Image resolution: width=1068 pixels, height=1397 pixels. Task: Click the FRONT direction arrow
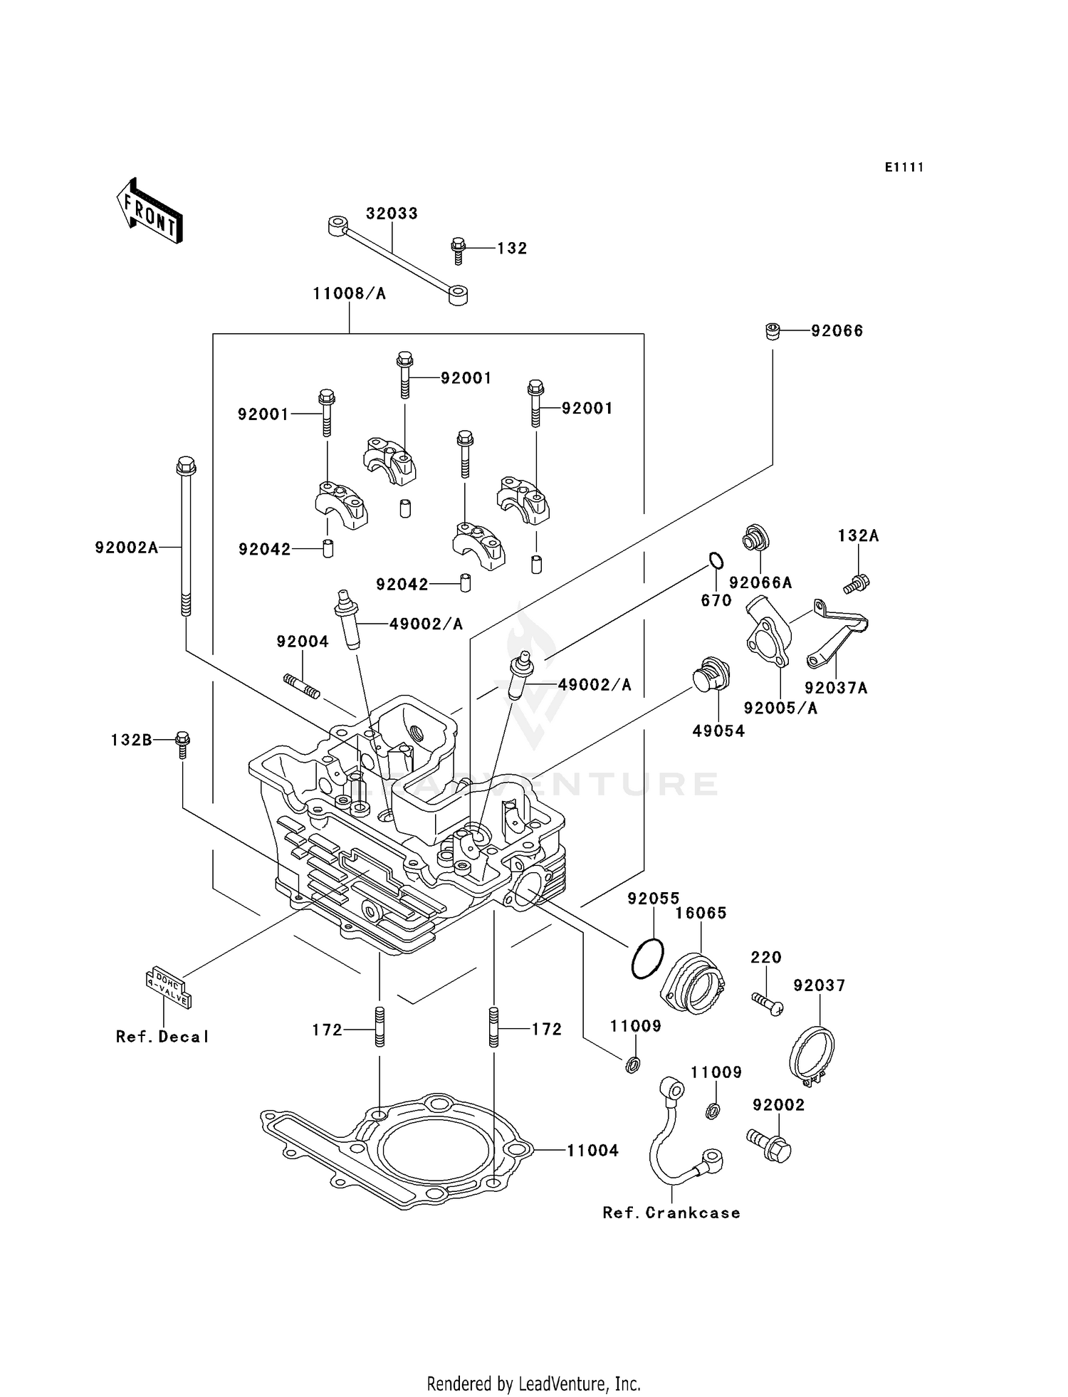pos(150,212)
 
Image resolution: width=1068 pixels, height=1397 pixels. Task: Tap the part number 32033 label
pos(392,214)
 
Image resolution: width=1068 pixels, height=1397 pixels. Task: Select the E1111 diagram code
pos(904,167)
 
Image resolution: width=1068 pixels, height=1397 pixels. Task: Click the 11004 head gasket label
pos(592,1151)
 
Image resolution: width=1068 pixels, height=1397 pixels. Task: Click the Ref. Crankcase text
pos(671,1213)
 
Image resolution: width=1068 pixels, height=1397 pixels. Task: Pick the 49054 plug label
pos(718,731)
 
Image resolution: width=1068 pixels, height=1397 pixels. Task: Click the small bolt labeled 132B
pos(182,744)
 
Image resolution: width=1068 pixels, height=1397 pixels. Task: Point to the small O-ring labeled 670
pos(716,560)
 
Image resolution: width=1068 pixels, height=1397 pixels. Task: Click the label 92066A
pos(760,583)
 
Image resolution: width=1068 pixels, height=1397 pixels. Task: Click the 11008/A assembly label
pos(349,293)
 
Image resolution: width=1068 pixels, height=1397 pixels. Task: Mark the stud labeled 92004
pos(302,686)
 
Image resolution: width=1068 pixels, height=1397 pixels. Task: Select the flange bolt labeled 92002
pos(770,1147)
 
